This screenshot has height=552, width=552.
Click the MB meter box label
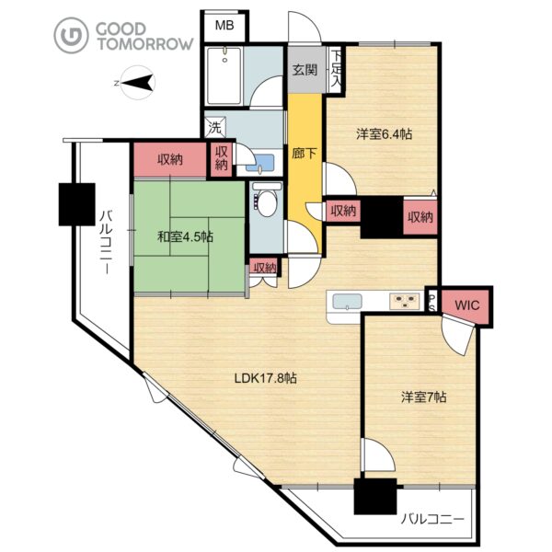(x=224, y=26)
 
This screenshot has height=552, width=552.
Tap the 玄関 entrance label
(x=305, y=70)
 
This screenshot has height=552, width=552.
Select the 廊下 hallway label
(x=305, y=153)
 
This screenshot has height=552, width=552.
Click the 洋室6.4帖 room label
(x=384, y=134)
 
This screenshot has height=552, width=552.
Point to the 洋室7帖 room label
(x=424, y=397)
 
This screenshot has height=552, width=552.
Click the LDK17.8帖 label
(x=266, y=378)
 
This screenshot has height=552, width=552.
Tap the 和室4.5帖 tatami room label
(x=185, y=237)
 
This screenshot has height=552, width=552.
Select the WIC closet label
(x=467, y=305)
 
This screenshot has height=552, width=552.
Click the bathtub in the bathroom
(x=224, y=76)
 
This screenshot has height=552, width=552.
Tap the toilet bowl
(x=266, y=201)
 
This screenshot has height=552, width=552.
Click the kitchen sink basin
(x=348, y=302)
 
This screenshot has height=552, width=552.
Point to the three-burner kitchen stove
(x=404, y=302)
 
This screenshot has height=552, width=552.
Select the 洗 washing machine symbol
(x=215, y=128)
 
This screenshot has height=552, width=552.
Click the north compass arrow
(x=136, y=83)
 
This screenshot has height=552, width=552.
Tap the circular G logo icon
(x=71, y=35)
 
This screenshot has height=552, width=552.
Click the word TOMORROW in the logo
(x=145, y=43)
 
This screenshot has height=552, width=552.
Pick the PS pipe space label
(x=432, y=303)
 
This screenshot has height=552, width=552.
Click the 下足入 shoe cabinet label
(x=337, y=70)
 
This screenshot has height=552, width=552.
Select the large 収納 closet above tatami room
(x=170, y=160)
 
